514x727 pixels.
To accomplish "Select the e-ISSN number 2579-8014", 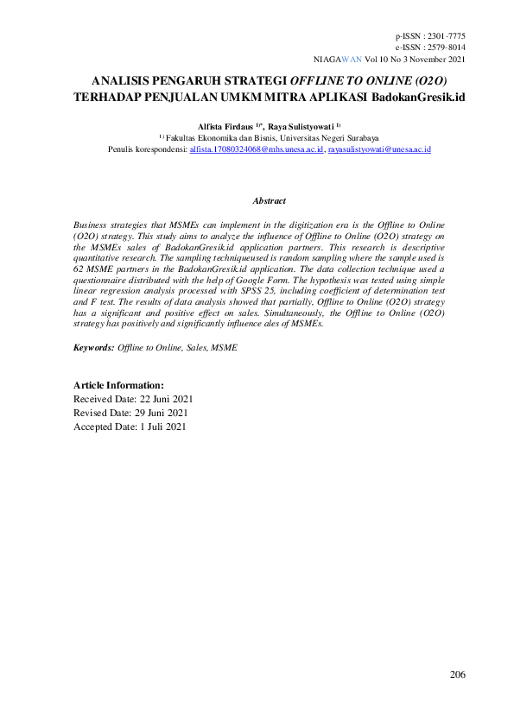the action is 446,48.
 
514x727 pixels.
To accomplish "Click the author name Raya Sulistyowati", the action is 301,126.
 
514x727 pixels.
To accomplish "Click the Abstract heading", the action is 269,200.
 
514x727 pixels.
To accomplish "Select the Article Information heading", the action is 118,385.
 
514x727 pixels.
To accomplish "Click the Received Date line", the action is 133,400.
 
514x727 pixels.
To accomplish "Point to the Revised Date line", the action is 130,413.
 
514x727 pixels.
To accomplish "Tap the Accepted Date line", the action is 130,427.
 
